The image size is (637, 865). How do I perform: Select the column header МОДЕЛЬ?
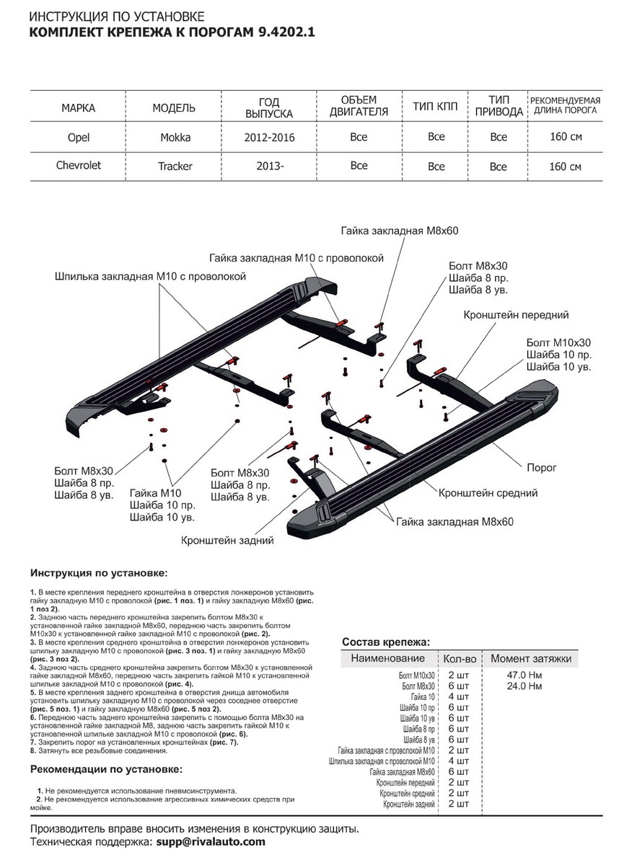pos(174,108)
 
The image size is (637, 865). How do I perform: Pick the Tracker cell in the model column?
pos(175,166)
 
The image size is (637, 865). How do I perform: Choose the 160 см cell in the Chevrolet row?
pos(565,167)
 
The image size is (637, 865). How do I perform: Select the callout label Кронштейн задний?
pos(227,539)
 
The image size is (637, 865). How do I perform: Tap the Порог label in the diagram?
pos(541,468)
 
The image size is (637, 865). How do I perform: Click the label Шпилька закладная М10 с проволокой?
pos(151,276)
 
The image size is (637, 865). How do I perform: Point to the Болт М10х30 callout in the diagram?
pos(558,342)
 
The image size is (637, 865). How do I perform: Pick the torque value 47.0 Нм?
pos(524,675)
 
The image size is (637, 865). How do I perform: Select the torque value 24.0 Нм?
pos(524,686)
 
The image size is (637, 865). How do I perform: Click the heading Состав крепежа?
pos(385,642)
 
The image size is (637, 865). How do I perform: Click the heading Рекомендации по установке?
pos(106,768)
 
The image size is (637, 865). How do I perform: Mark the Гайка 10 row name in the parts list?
pos(423,697)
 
